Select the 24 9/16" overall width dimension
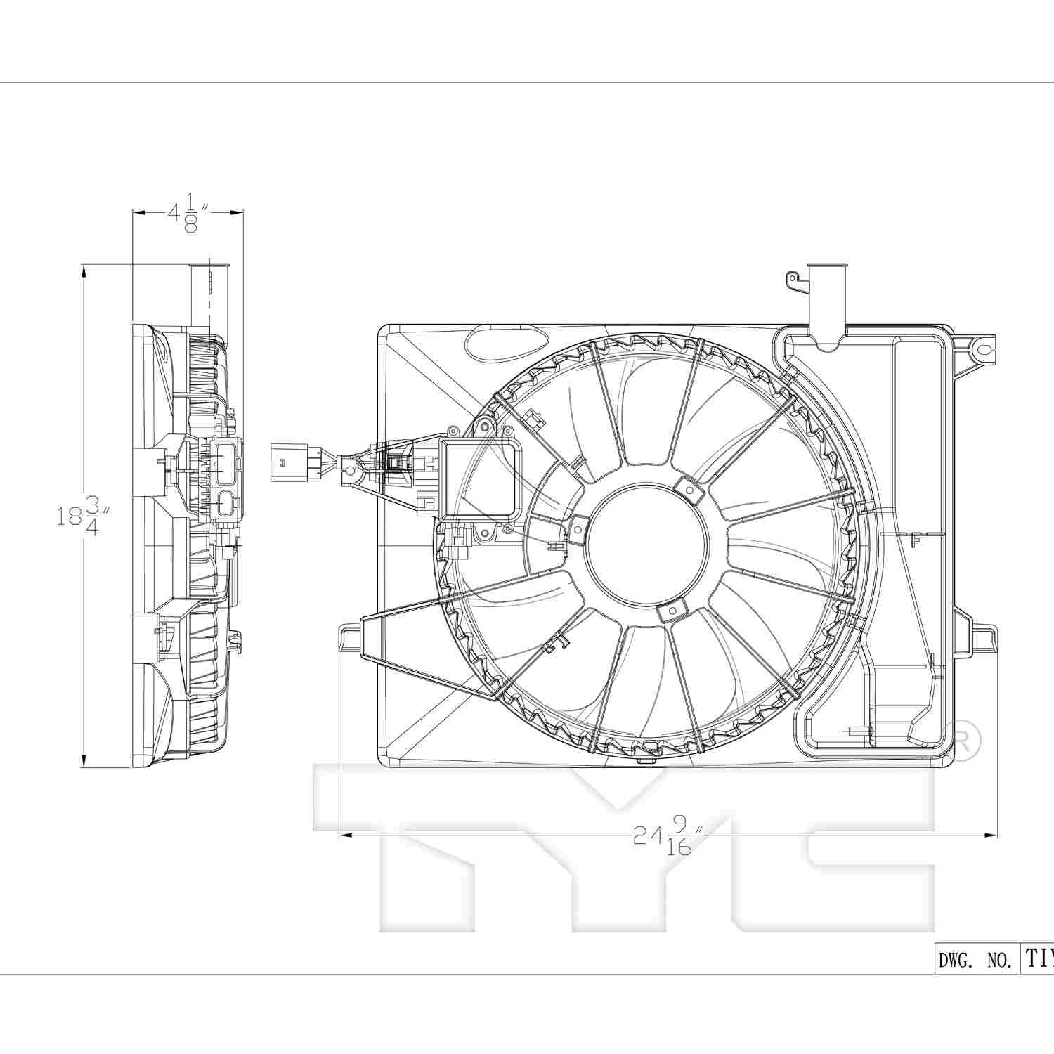pos(668,835)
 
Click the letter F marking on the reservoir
pos(915,540)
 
